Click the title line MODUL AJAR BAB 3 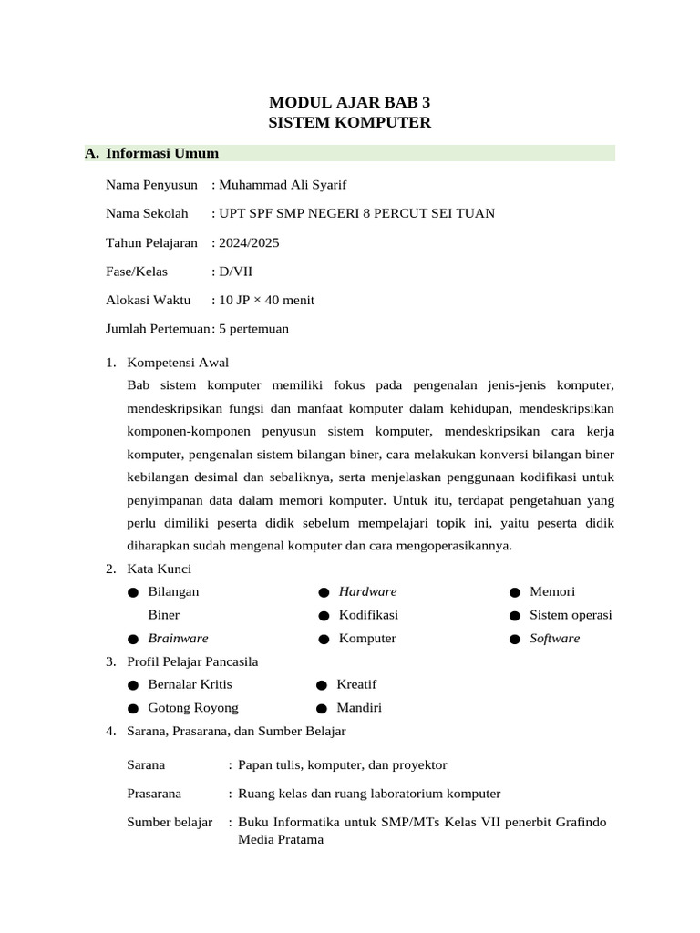350,102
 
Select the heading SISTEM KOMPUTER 350,122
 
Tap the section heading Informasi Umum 162,153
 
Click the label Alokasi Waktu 149,300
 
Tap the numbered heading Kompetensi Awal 179,363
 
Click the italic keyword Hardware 368,591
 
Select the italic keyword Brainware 178,638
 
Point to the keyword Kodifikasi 368,615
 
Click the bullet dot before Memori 514,592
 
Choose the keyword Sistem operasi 571,615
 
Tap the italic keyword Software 554,638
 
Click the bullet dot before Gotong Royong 133,708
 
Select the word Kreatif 356,684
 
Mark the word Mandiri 359,707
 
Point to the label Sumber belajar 170,822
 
